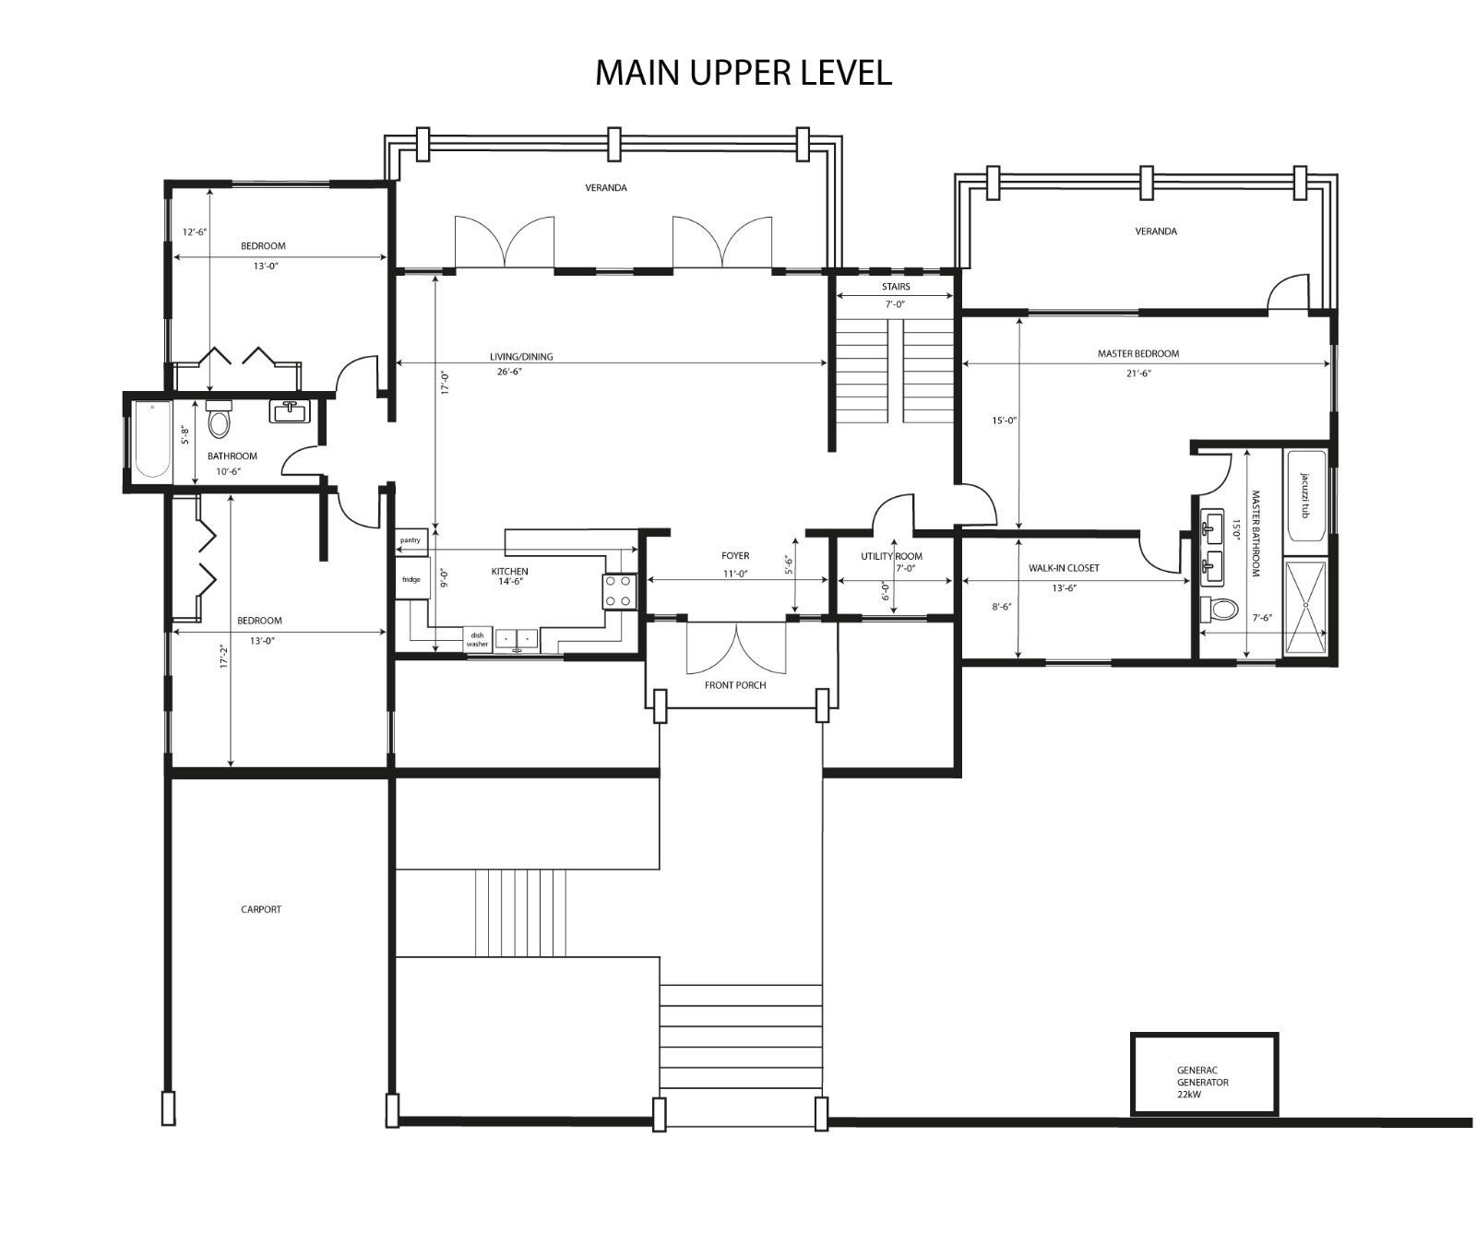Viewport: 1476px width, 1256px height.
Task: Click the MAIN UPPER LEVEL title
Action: [x=743, y=72]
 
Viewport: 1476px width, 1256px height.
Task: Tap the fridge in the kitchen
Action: [x=411, y=579]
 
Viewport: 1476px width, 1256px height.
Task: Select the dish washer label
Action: [x=477, y=639]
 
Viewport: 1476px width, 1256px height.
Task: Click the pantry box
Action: [x=411, y=540]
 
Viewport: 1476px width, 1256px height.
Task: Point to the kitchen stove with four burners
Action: [x=620, y=591]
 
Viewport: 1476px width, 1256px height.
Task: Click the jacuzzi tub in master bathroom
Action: [x=1305, y=495]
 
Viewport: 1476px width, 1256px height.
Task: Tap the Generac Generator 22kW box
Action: [x=1205, y=1074]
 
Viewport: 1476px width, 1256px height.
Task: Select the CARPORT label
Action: [x=261, y=909]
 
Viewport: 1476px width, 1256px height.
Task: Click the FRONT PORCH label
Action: [x=735, y=685]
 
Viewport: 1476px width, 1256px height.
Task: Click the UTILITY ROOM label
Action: [x=891, y=556]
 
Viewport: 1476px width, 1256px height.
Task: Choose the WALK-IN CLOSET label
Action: [x=1064, y=568]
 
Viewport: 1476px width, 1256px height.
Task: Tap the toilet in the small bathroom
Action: [x=219, y=420]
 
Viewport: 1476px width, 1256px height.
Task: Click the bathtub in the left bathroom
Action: [x=152, y=440]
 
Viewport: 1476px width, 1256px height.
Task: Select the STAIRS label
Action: [x=895, y=287]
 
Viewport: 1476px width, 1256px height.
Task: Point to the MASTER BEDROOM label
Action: [x=1137, y=353]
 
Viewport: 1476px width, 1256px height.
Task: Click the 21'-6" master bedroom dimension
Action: [x=1137, y=373]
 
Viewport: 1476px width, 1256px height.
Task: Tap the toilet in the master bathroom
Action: [x=1218, y=609]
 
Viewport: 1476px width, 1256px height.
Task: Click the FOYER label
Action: [x=735, y=556]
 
